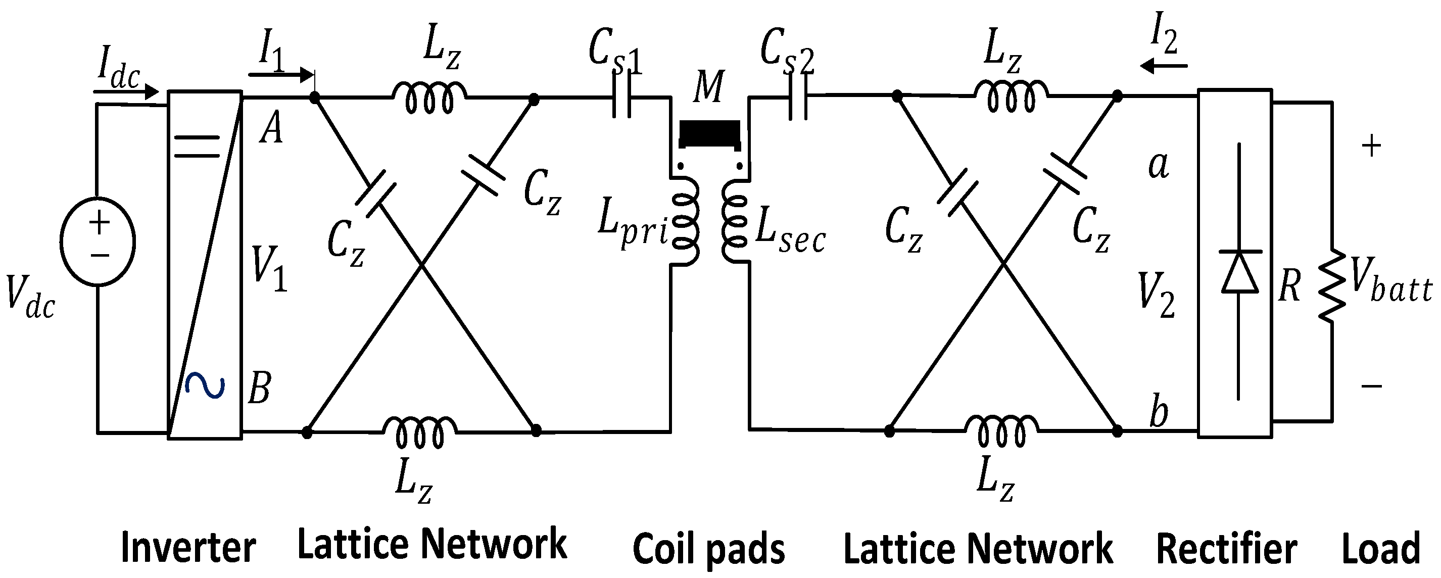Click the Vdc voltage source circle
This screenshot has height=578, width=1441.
[x=98, y=242]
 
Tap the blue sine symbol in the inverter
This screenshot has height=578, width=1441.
[x=205, y=386]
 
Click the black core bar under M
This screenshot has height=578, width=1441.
[x=709, y=133]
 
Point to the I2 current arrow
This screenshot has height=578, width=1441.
[x=1164, y=67]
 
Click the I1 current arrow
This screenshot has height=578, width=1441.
[x=280, y=74]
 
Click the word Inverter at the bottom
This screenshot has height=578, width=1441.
[x=188, y=548]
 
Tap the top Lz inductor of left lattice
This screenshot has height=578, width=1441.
[x=429, y=98]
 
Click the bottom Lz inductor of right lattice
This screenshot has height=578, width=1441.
[x=1001, y=432]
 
